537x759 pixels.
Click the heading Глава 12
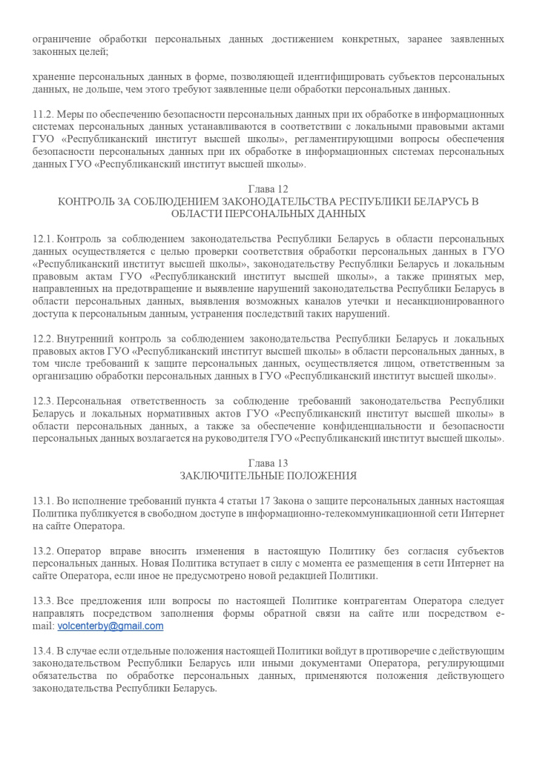268,189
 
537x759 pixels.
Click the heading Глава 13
268,464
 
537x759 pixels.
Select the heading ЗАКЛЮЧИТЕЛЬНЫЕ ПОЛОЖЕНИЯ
268,476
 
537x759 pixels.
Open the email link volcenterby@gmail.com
111,626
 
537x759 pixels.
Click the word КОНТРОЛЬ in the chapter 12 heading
85,202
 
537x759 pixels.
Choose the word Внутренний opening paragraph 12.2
87,339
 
